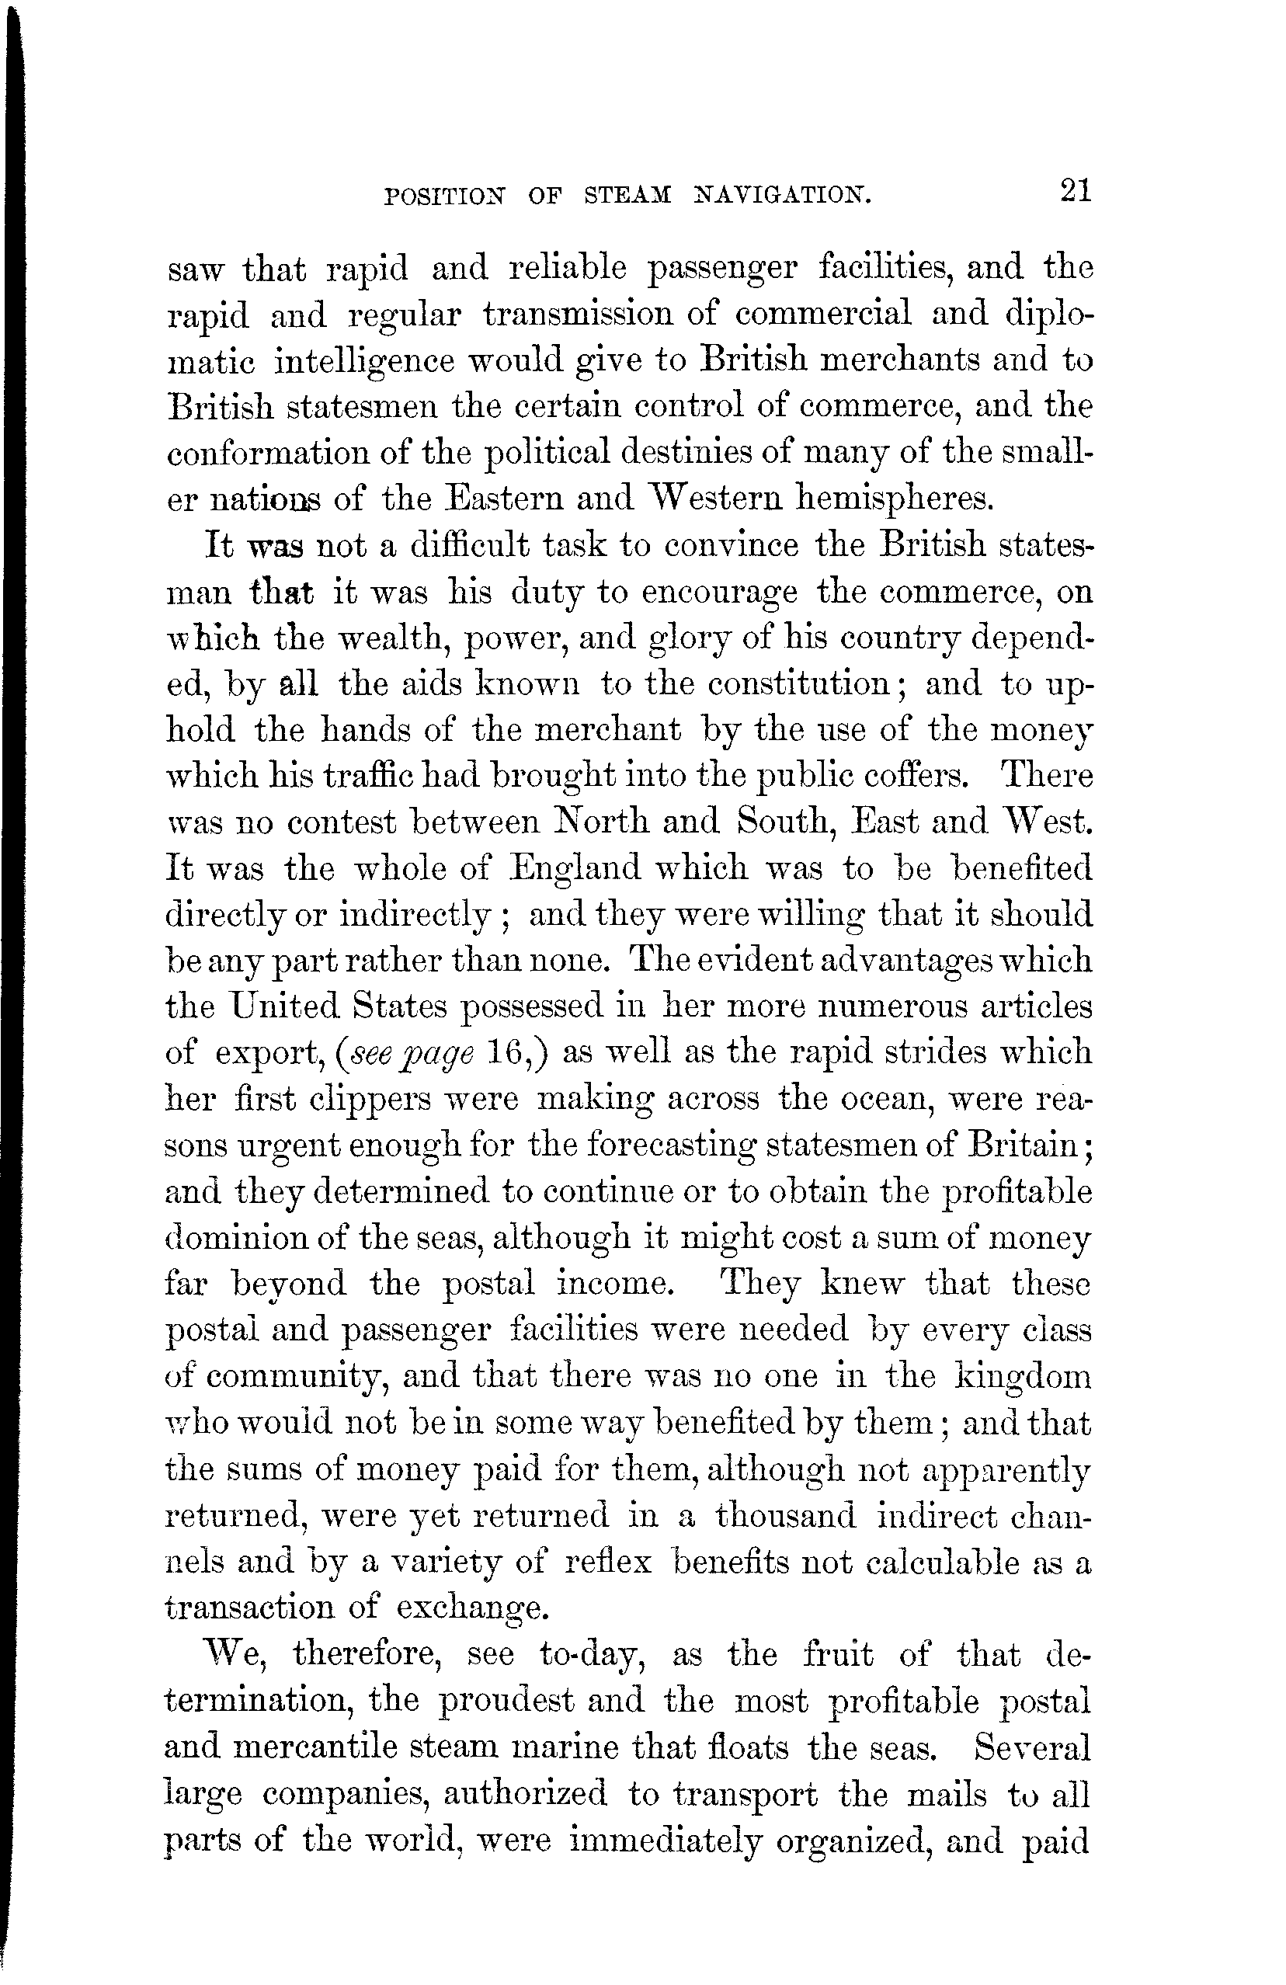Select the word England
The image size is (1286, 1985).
[x=575, y=868]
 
